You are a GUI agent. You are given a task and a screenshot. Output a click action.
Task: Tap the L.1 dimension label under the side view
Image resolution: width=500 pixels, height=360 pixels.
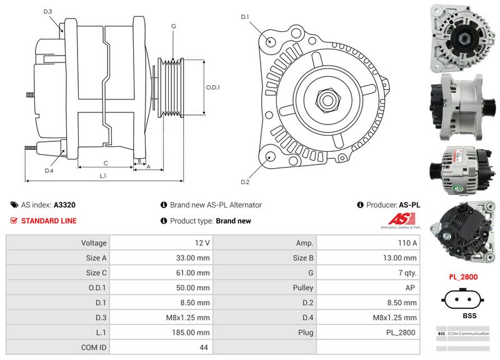103,176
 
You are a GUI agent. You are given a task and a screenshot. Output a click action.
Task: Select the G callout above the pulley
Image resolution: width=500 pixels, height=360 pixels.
173,26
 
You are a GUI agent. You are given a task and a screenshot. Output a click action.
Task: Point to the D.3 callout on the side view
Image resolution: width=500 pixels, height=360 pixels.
48,12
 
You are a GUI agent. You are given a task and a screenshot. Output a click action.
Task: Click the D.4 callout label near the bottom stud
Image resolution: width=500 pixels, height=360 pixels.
49,171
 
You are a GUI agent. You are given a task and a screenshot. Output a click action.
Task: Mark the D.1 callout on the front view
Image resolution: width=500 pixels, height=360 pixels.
245,16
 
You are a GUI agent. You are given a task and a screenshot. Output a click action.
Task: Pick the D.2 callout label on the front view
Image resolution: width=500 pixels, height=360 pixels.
245,182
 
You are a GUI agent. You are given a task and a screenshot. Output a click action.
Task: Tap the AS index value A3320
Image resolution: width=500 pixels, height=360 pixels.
64,204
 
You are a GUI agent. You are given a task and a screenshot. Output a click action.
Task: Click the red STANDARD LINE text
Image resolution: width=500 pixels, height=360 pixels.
49,221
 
